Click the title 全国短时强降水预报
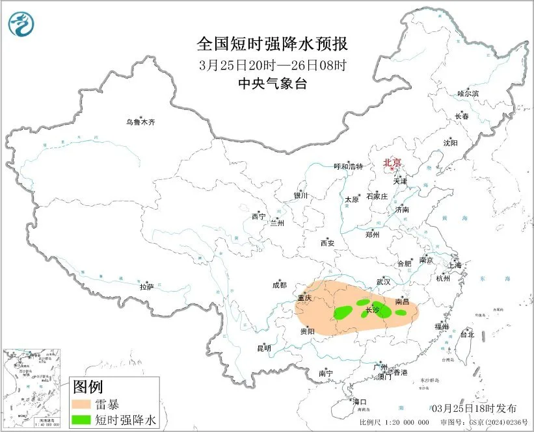point(273,45)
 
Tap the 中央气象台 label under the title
point(273,83)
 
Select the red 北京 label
point(392,163)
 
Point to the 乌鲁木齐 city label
point(141,121)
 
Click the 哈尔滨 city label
point(468,94)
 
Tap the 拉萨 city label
point(146,286)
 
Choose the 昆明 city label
point(263,348)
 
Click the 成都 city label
point(279,285)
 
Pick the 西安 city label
point(327,243)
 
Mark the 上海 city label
point(454,266)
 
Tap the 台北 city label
point(467,335)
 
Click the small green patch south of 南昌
point(401,312)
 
